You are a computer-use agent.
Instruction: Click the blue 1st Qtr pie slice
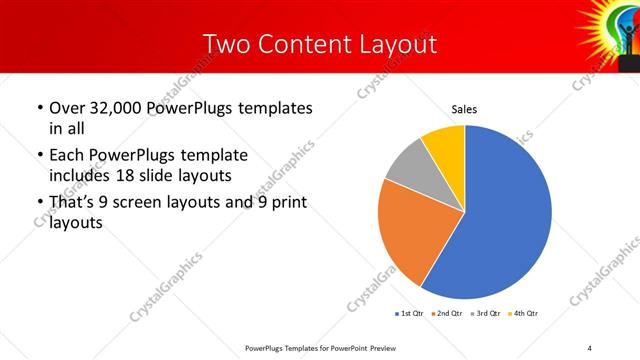pos(500,215)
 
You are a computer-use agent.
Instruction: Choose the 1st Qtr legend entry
pos(409,314)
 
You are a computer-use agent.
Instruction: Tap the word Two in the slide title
pos(223,44)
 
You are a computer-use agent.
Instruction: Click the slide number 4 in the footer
pos(589,347)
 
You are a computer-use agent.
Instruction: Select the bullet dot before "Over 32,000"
pos(38,108)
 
